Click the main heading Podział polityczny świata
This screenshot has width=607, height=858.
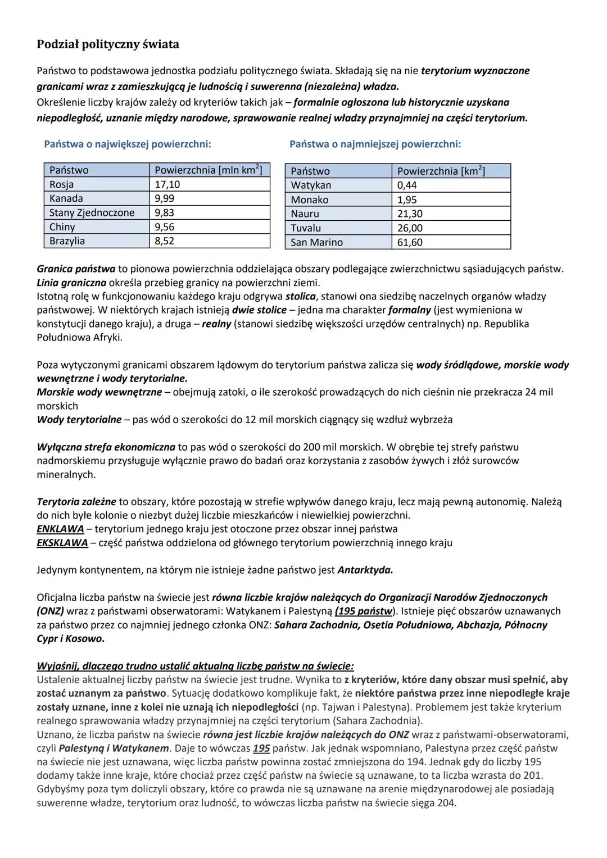[x=108, y=44]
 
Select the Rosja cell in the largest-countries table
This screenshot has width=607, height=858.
[x=61, y=184]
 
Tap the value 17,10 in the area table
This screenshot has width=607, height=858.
[x=167, y=184]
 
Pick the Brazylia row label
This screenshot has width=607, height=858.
[x=67, y=241]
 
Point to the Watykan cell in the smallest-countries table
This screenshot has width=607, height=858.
[x=311, y=185]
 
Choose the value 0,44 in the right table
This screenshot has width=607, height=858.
[x=407, y=185]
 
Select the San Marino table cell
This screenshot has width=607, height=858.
[x=316, y=242]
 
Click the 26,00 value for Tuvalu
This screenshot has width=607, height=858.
[x=410, y=228]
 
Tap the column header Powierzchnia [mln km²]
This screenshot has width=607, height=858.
[x=208, y=170]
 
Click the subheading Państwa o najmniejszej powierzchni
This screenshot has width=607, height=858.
[x=375, y=144]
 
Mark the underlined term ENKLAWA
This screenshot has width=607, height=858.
[x=60, y=529]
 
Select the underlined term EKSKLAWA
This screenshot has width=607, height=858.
[x=62, y=543]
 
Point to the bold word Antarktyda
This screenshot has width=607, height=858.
[x=365, y=570]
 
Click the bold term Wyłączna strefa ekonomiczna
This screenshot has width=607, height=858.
[x=106, y=447]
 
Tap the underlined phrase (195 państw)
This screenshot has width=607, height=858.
[x=365, y=611]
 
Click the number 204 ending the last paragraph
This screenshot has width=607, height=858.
[x=446, y=803]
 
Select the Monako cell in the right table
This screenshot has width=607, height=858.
[x=310, y=199]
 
